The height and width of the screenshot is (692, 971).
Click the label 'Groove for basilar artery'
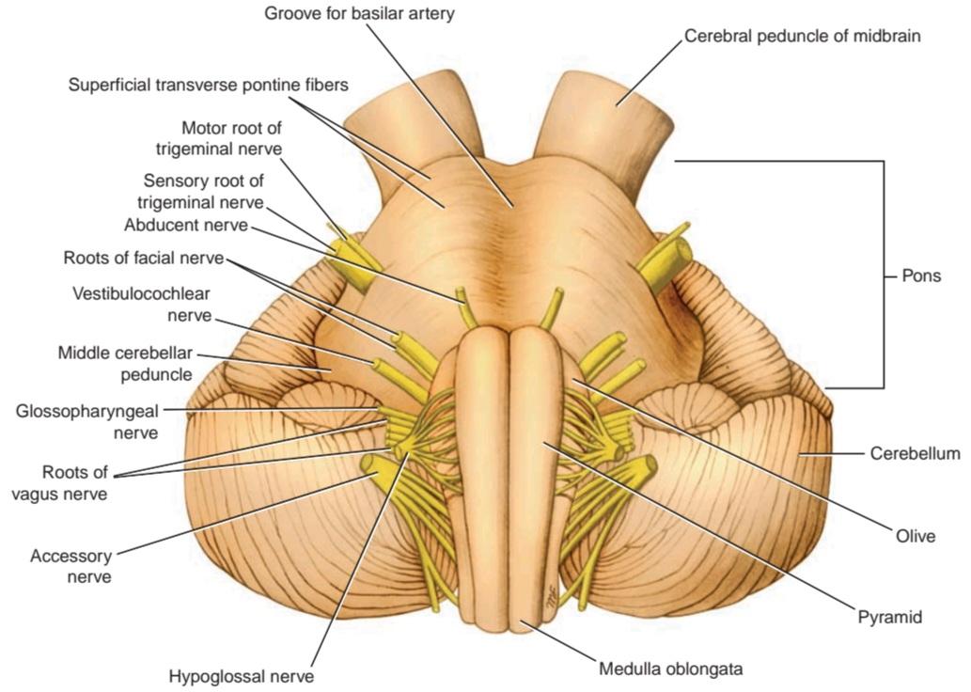tap(359, 13)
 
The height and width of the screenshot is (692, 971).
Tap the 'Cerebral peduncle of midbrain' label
tap(802, 36)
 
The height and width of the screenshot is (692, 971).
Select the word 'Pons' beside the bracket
tap(921, 275)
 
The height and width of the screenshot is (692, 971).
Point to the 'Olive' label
tap(916, 535)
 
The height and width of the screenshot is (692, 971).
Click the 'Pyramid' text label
tap(890, 617)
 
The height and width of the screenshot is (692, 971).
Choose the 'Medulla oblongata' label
tap(670, 669)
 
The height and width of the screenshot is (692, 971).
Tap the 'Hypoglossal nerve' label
tap(242, 677)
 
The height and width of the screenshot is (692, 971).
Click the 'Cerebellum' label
tap(916, 453)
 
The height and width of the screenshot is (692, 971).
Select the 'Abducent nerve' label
tap(186, 225)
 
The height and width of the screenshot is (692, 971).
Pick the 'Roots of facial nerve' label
tap(143, 258)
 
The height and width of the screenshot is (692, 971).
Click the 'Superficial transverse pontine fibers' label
tap(208, 85)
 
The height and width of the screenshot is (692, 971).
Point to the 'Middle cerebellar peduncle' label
tap(125, 364)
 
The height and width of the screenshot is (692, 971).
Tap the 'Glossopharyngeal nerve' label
tap(87, 421)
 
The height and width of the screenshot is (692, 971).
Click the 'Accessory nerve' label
tap(70, 566)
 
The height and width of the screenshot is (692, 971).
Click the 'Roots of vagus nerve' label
tap(75, 483)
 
